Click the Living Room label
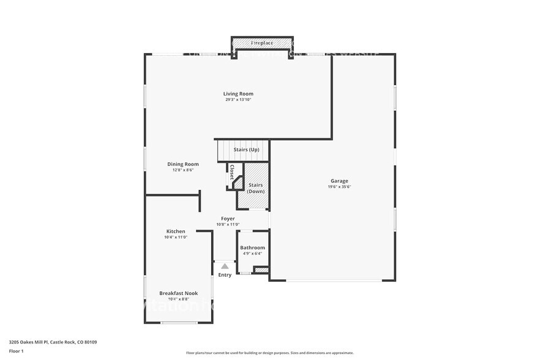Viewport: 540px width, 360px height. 238,94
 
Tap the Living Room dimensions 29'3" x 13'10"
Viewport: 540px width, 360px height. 238,100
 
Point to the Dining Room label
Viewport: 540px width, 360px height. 183,164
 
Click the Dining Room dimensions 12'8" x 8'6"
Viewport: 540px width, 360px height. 183,170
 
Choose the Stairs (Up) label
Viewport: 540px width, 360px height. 247,149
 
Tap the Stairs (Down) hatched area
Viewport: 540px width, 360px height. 255,187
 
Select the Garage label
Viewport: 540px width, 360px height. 339,181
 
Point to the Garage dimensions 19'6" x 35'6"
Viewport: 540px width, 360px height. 339,187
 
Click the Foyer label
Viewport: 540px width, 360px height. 228,219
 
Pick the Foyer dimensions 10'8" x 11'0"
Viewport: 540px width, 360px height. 228,225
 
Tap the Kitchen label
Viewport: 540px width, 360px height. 176,231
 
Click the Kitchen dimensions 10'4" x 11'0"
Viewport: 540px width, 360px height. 176,238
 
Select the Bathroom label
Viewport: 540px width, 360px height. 252,247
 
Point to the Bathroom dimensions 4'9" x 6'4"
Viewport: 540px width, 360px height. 252,253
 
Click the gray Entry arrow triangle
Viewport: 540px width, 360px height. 225,266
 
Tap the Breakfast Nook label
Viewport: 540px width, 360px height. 178,293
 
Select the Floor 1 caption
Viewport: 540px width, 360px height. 16,351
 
